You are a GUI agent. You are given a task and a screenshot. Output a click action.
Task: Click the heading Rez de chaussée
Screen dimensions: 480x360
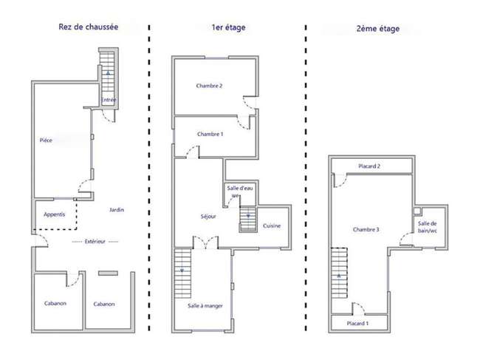[88, 27]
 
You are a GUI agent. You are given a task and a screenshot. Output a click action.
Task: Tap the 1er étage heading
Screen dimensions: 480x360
[228, 27]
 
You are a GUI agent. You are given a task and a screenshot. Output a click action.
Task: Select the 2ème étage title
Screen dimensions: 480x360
[378, 29]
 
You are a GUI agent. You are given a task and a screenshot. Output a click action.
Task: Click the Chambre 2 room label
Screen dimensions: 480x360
[209, 86]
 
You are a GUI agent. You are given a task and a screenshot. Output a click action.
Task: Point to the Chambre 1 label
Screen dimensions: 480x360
[210, 135]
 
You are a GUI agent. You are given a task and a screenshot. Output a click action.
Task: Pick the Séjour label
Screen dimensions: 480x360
[208, 217]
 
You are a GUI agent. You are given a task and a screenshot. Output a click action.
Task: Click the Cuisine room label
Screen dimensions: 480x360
[272, 225]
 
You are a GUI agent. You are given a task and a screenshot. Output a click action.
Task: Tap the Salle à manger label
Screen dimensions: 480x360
[205, 306]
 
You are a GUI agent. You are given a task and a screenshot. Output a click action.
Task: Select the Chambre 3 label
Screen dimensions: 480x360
[366, 229]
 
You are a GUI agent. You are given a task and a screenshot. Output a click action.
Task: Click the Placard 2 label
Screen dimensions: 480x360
[369, 166]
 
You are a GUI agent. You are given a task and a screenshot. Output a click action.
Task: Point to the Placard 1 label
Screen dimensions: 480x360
[357, 324]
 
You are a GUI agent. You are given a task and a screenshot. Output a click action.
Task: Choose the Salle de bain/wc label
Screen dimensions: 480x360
[428, 227]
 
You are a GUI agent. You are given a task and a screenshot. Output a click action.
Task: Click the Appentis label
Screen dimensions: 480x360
[54, 214]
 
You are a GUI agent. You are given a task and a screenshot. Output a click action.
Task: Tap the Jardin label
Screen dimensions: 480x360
[117, 210]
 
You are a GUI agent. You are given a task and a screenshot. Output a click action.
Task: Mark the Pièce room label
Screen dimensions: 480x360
[46, 140]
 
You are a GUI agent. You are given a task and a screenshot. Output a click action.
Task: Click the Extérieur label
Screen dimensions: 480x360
[95, 242]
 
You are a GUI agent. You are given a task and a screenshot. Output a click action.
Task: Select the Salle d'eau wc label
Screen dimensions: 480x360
[240, 191]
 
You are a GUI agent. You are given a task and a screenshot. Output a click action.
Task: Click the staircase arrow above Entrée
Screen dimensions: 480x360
[108, 73]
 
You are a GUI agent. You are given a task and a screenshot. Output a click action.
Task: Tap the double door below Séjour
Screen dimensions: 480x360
[205, 243]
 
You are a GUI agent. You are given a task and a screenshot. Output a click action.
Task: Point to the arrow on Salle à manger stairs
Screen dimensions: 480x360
[182, 271]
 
